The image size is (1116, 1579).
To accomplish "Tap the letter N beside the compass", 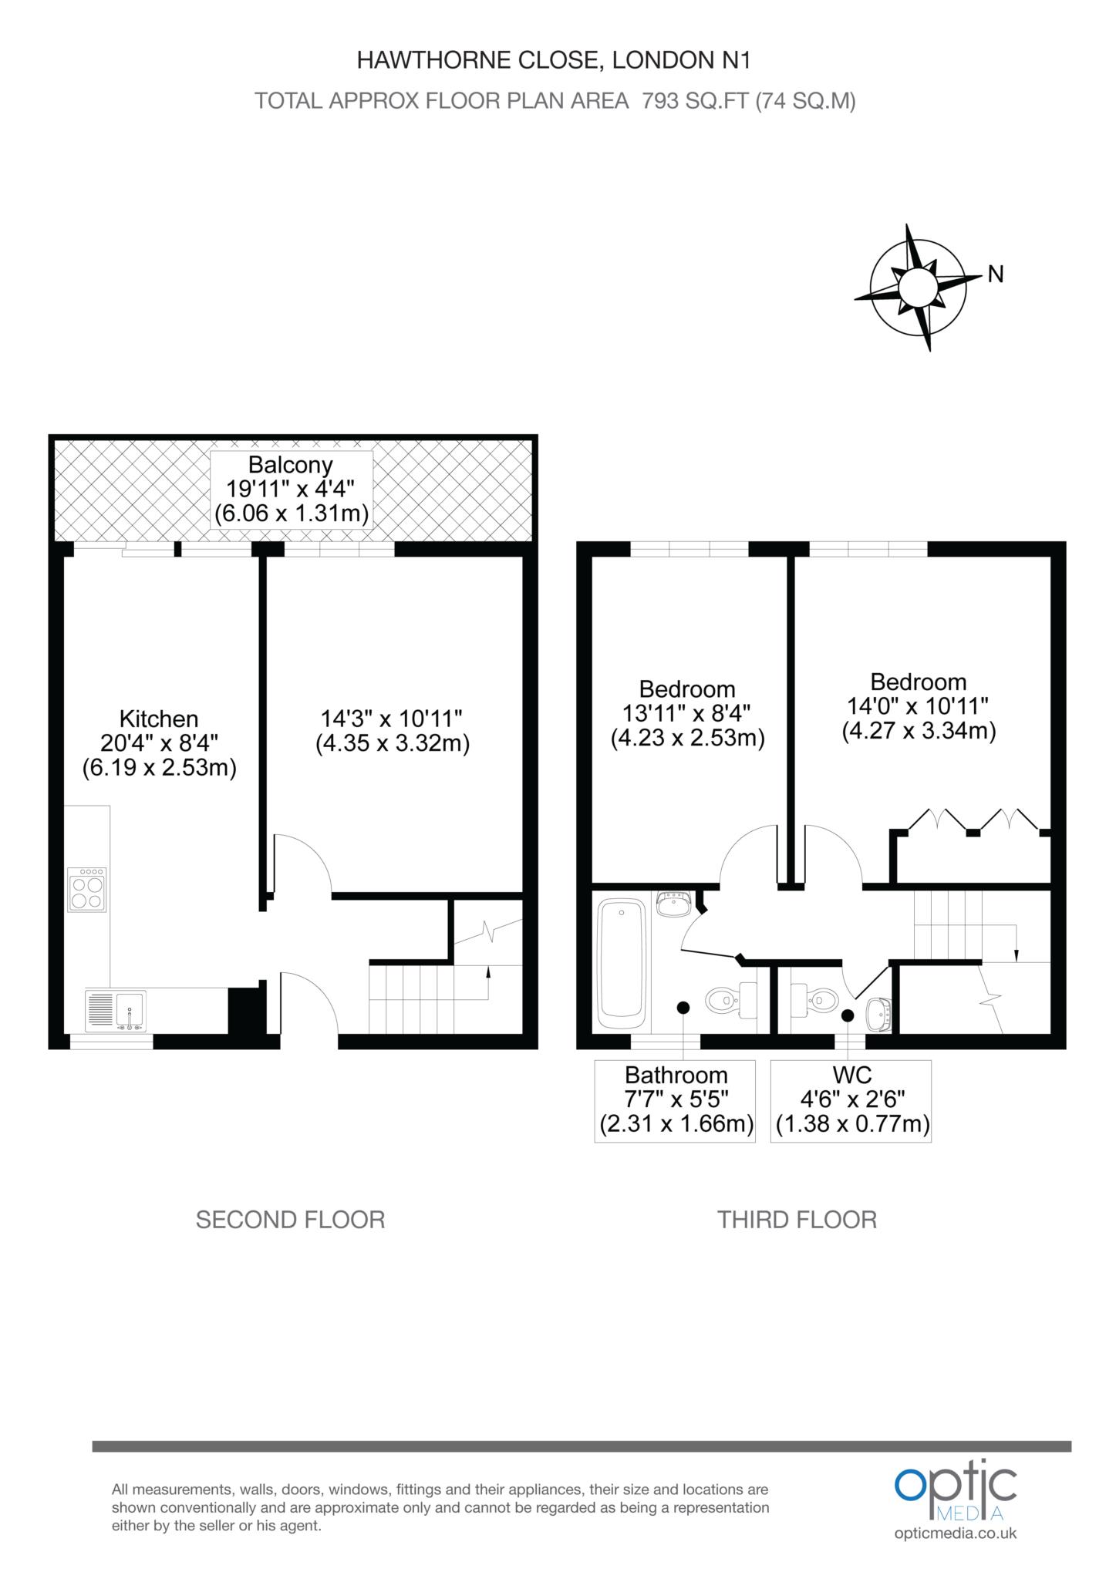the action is tap(996, 274).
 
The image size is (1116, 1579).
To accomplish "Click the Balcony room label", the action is tap(292, 489).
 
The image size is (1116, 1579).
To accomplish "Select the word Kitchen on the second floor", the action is tap(159, 719).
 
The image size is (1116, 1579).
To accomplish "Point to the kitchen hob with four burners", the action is tap(87, 890).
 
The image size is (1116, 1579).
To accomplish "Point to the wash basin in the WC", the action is tap(879, 1014).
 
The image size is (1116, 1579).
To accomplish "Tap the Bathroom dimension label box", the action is tap(675, 1101).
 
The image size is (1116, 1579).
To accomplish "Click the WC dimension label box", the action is tap(851, 1101).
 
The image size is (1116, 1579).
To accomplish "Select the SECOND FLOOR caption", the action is tap(290, 1220).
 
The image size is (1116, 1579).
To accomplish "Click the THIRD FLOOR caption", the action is tap(797, 1220).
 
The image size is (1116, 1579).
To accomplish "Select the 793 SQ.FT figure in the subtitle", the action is tap(692, 101).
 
